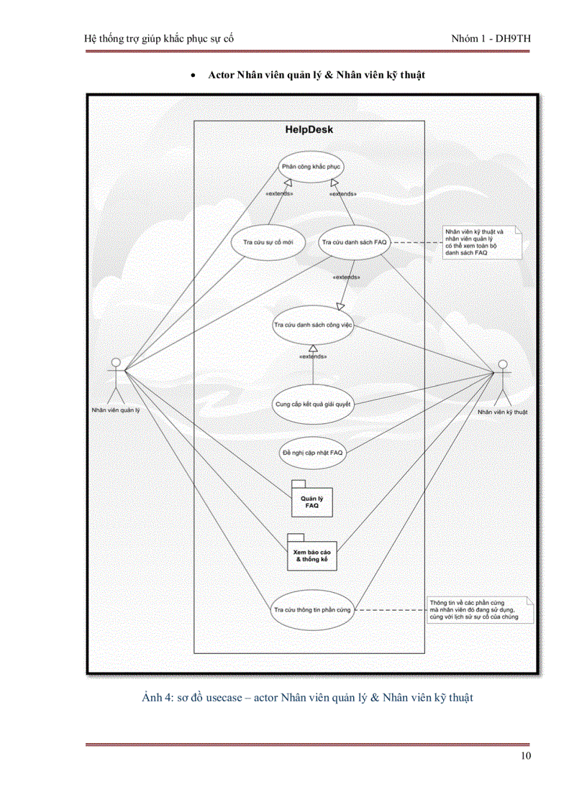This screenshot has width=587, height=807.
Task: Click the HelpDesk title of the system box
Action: [309, 130]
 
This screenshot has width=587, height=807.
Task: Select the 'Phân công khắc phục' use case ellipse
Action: [311, 167]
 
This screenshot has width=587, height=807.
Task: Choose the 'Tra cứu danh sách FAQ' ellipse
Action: [354, 242]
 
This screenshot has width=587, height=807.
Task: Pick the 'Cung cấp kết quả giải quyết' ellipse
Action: [313, 404]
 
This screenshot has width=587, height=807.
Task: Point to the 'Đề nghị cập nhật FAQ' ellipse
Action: [312, 453]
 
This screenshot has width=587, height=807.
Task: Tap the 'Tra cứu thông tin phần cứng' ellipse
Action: [312, 609]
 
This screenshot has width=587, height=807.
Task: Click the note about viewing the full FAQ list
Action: [481, 243]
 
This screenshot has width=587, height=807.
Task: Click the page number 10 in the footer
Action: [524, 756]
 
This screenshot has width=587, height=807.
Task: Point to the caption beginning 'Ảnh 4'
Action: [307, 697]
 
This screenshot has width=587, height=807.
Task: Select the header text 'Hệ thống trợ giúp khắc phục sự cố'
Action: [159, 38]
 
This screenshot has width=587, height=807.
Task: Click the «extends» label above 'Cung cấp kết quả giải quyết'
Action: [314, 356]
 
